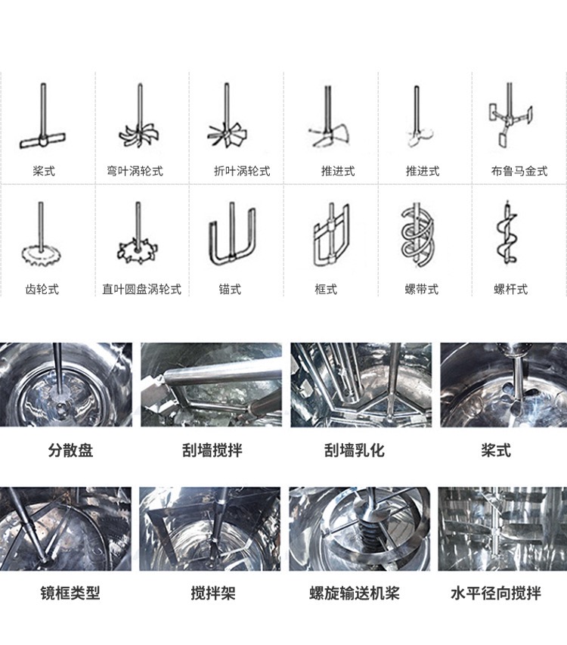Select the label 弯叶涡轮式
pyautogui.click(x=135, y=172)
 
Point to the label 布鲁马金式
pyautogui.click(x=519, y=172)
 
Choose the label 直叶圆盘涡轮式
pyautogui.click(x=142, y=290)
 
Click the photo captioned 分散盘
pyautogui.click(x=66, y=385)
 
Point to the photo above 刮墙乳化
pyautogui.click(x=361, y=385)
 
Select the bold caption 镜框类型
pyautogui.click(x=70, y=593)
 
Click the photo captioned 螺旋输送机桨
pyautogui.click(x=360, y=529)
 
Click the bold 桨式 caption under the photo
pyautogui.click(x=495, y=451)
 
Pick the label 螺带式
pyautogui.click(x=421, y=290)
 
